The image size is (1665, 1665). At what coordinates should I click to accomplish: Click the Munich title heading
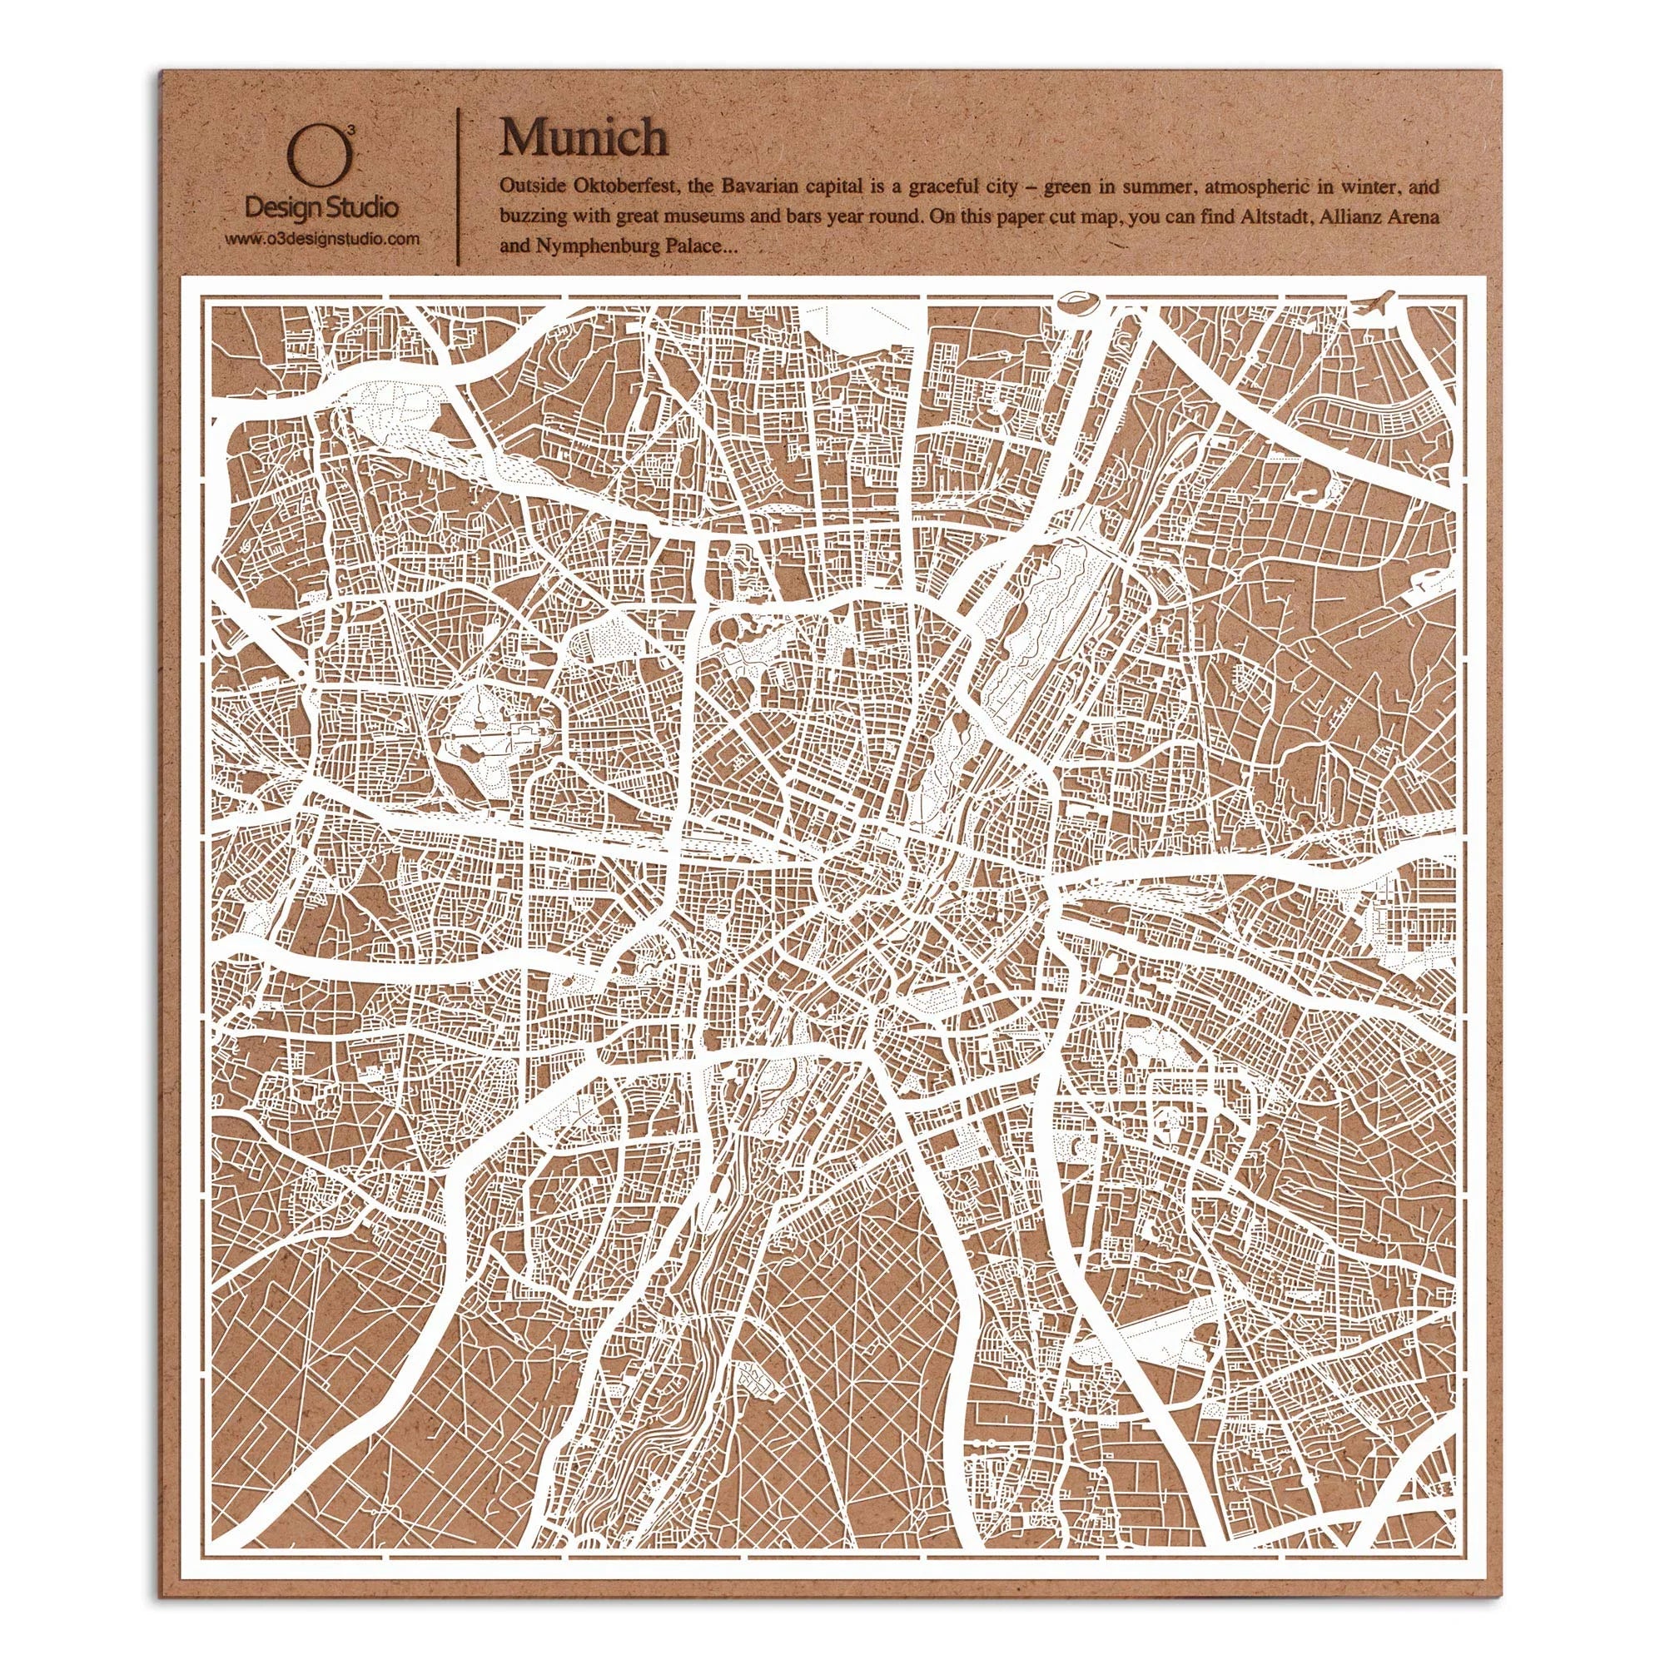click(x=584, y=138)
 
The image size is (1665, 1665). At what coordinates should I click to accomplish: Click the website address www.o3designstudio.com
click(x=322, y=238)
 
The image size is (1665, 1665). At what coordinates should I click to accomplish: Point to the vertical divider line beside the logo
click(x=458, y=186)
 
